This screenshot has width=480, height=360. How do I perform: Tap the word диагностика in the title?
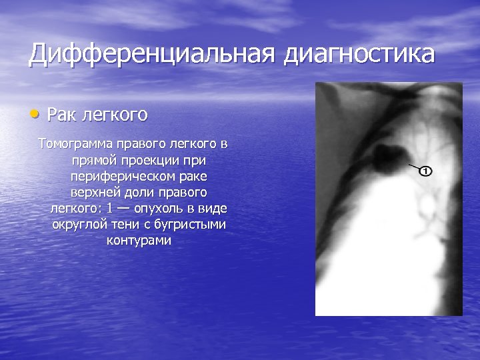pyautogui.click(x=360, y=55)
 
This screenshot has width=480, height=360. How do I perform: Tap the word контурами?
pyautogui.click(x=139, y=240)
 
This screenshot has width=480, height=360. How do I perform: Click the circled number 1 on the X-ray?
pyautogui.click(x=425, y=171)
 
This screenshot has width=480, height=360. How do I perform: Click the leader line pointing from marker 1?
pyautogui.click(x=413, y=167)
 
